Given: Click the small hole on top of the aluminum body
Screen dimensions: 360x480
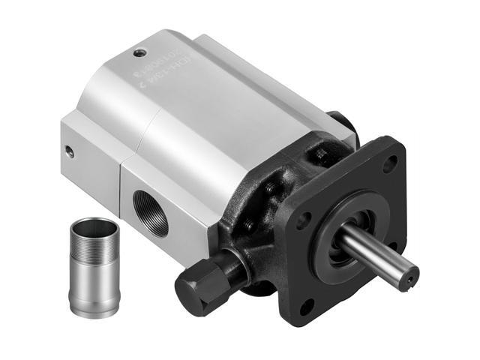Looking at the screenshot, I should [139, 53].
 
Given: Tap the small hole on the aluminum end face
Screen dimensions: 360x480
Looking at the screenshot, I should [70, 151].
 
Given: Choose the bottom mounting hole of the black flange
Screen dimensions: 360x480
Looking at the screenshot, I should [305, 306].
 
